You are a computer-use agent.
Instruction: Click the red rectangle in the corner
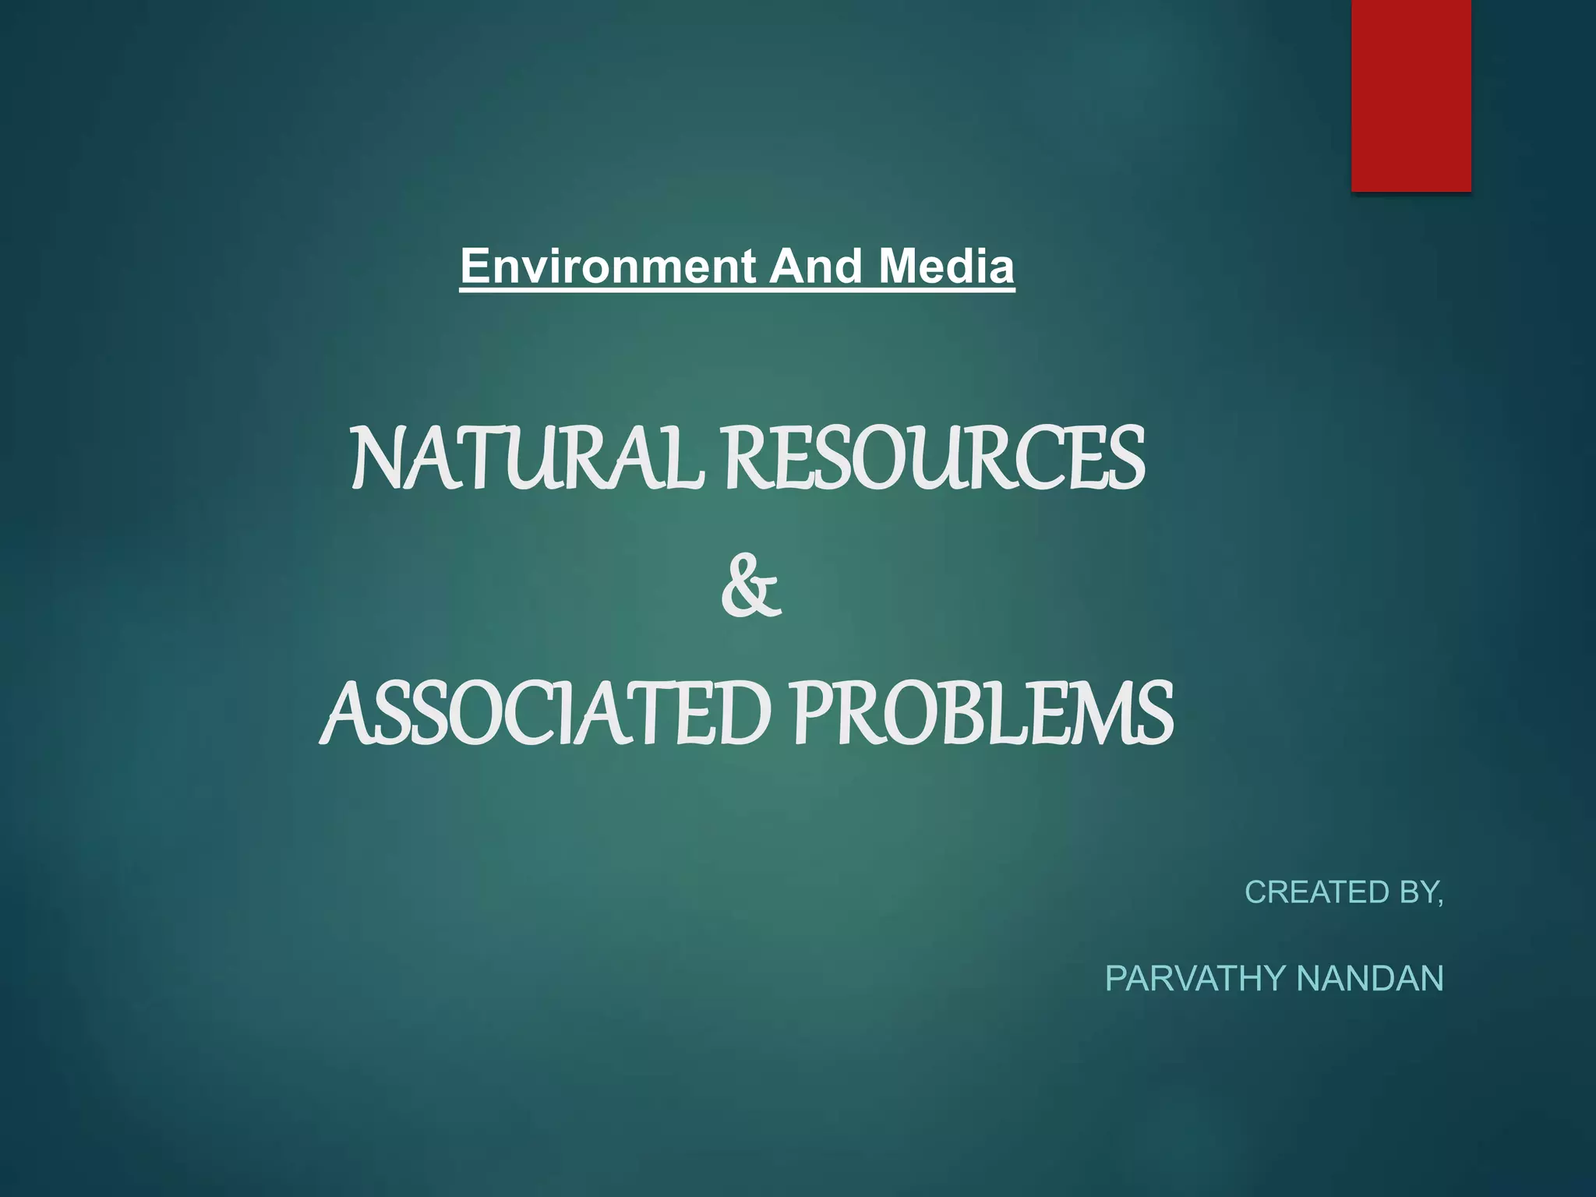1411,95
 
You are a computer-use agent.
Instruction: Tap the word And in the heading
815,267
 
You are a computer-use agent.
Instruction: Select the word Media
946,267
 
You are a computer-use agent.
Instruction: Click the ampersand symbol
750,586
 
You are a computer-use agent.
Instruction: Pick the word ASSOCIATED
546,714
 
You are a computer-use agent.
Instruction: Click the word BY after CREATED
1417,892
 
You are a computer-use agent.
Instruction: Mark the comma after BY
1440,902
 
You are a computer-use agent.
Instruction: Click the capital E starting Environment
473,267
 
